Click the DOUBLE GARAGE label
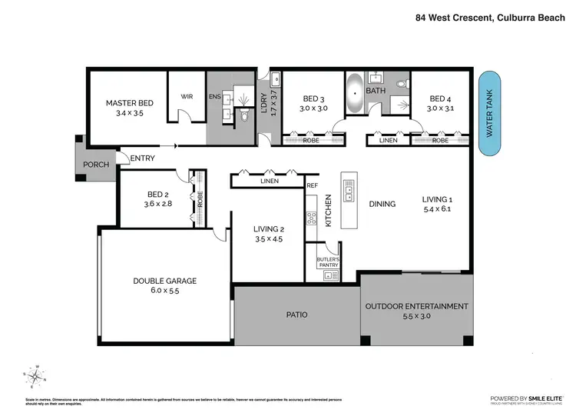click(164, 281)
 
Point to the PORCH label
click(96, 164)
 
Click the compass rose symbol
click(35, 375)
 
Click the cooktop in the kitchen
click(312, 218)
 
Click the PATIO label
click(296, 314)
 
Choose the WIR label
click(187, 97)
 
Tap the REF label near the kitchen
click(312, 185)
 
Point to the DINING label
click(382, 204)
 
